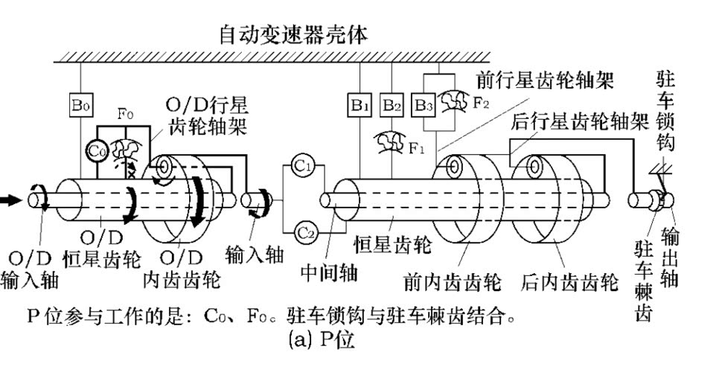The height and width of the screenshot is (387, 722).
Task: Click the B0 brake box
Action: tap(80, 106)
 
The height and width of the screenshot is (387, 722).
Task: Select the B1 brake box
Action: tap(359, 106)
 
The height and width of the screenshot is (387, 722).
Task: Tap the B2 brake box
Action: tap(392, 106)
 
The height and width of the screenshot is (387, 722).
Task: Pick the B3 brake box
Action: tap(424, 106)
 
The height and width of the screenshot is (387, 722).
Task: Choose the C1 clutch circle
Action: tap(303, 166)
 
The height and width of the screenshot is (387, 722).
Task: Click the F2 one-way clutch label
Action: tap(481, 103)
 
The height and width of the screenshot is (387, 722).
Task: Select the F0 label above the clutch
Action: tap(125, 112)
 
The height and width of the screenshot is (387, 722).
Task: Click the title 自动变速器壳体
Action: tap(293, 35)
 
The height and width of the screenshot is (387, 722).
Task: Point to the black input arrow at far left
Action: tap(10, 200)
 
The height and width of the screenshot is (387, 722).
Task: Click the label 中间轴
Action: tap(329, 273)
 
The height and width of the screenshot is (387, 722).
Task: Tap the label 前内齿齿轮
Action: tap(452, 281)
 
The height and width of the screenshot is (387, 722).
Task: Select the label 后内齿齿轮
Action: tap(569, 281)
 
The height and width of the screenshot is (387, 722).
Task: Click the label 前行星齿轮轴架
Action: tap(545, 80)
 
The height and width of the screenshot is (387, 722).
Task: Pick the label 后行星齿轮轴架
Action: tap(580, 122)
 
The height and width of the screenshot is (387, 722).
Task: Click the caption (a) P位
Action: tap(322, 340)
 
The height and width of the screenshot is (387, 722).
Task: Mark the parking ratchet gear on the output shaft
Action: tap(656, 201)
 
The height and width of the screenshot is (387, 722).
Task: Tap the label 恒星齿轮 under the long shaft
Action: tap(392, 244)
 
